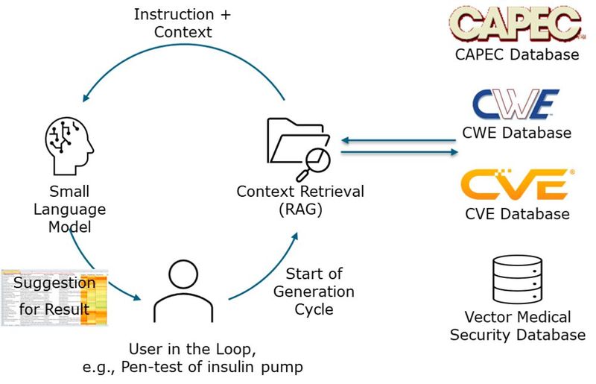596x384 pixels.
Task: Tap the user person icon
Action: [183, 291]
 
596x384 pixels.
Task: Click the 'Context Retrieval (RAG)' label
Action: [300, 200]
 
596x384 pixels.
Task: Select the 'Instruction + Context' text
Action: [174, 22]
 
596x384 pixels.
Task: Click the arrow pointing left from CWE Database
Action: [399, 139]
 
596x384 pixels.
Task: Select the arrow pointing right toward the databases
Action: [399, 152]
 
